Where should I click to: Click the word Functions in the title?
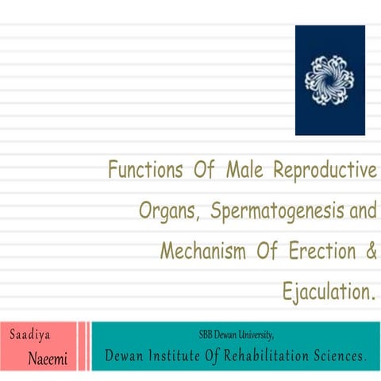point(143,171)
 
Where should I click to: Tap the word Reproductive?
point(325,171)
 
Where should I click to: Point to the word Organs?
point(169,212)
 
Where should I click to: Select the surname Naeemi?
point(48,359)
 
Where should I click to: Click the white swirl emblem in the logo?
point(329,79)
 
